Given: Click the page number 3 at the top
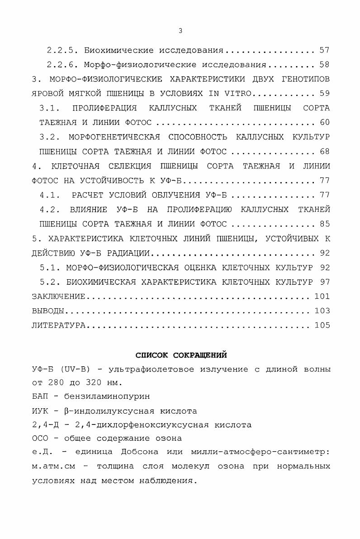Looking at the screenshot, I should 180,31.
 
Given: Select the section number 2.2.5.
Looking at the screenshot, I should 63,50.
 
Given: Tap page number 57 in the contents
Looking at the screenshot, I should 324,50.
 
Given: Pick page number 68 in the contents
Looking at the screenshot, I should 324,151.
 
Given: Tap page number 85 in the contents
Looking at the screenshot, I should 324,224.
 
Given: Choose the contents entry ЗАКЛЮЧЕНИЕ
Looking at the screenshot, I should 58,296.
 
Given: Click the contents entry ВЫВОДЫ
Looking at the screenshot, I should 47,311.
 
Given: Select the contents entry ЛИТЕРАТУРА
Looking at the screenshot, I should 58,325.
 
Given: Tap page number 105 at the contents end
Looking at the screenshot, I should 322,325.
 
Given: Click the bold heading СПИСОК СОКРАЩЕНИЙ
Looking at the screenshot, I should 181,354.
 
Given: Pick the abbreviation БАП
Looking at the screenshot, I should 40,397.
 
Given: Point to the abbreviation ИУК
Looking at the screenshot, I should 40,411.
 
